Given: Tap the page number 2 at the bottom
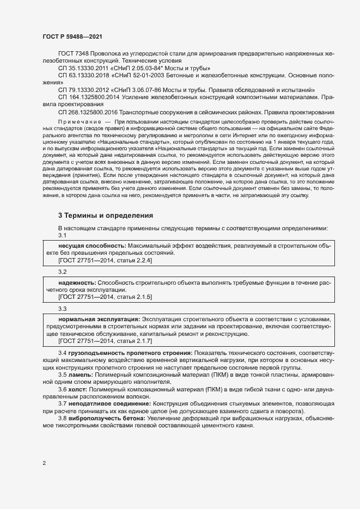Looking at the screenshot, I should (x=44, y=463).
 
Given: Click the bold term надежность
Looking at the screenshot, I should (x=77, y=284).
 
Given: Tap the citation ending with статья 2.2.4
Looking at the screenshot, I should (x=105, y=261).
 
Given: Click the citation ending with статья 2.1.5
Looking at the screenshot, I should (x=105, y=297).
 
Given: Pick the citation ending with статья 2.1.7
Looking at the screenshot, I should (x=105, y=341).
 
